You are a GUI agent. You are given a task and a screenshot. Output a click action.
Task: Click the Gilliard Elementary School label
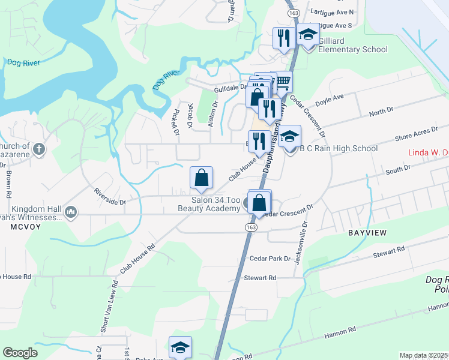coord(352,45)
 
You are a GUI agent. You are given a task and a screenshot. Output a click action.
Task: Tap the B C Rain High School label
coord(338,148)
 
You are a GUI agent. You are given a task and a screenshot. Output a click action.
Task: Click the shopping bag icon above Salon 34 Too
coord(201,177)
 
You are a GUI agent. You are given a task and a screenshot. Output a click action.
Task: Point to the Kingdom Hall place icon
coord(71,211)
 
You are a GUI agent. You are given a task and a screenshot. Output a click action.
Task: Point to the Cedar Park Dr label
coord(270,259)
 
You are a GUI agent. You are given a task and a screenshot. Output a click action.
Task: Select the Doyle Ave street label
coord(329,97)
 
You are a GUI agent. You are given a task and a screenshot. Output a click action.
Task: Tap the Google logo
coord(21,353)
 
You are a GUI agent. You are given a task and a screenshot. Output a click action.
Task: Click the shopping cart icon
coord(283,81)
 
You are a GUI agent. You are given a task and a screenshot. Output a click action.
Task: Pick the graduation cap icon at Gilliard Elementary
coord(309,34)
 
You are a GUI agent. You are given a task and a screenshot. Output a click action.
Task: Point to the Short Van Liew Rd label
coord(110,299)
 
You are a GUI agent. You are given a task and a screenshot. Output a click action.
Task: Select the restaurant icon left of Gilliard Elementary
coord(282,37)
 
